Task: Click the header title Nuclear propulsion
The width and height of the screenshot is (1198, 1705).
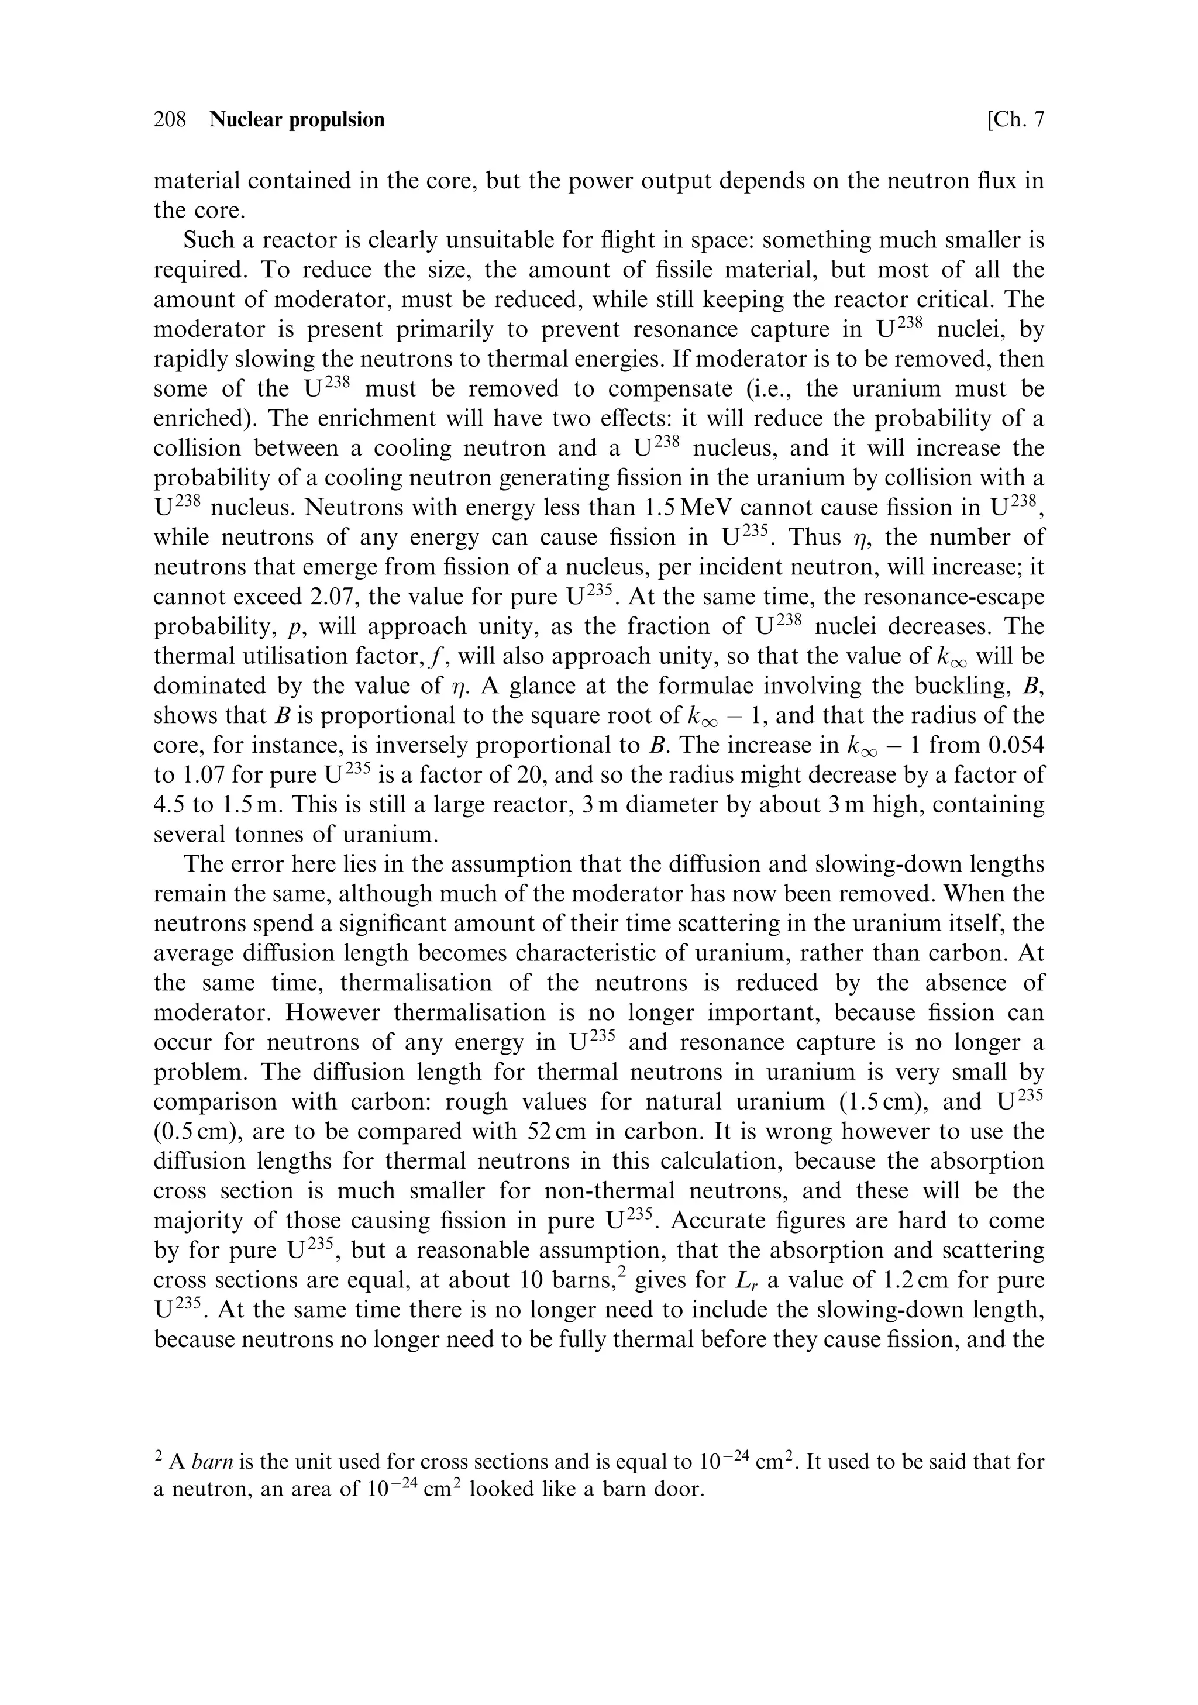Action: tap(297, 119)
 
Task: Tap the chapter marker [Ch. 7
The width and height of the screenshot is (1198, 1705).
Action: tap(1015, 119)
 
